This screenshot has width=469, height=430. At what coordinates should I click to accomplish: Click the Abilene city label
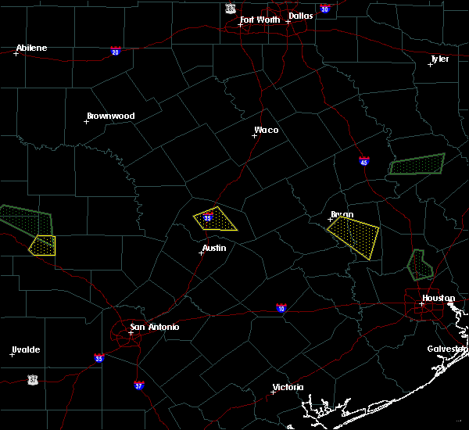tap(32, 48)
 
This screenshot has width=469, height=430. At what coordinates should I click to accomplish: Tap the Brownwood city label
tap(110, 116)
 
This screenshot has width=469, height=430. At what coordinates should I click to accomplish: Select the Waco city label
tap(266, 130)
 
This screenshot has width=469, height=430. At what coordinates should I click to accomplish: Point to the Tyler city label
tap(440, 59)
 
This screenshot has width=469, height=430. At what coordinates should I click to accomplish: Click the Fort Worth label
tap(259, 20)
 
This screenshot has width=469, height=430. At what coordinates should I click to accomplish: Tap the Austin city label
tap(214, 248)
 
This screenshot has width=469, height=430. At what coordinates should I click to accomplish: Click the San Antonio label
tap(154, 327)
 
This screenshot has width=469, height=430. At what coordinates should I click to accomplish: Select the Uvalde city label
tap(26, 349)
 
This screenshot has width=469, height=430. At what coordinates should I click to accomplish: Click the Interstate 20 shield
tap(116, 52)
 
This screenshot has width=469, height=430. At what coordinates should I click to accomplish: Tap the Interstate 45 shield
tap(364, 162)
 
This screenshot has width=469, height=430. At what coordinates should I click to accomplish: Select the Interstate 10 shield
tap(281, 308)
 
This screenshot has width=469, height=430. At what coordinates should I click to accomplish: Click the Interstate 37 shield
tap(138, 385)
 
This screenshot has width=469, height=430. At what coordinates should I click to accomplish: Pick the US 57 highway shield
tap(32, 379)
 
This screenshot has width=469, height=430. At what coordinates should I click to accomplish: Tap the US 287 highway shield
tap(230, 8)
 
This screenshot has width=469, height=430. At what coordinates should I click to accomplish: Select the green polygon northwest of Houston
tap(420, 266)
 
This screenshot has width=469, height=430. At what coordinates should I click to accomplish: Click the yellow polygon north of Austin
tap(216, 220)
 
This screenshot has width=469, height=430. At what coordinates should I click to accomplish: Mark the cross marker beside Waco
tap(254, 135)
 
